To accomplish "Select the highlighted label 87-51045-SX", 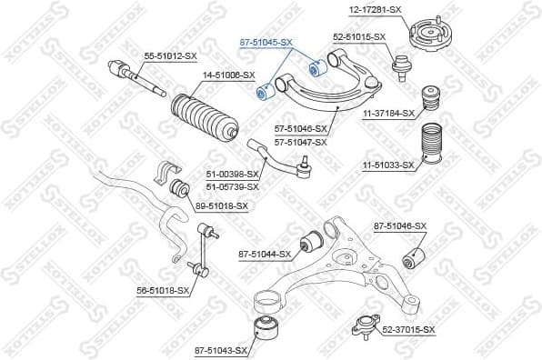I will [266, 42].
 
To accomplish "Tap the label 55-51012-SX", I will [171, 55].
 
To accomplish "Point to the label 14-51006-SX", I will [228, 75].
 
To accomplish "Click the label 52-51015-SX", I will [359, 36].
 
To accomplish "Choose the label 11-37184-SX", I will [388, 113].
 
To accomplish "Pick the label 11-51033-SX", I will [389, 165].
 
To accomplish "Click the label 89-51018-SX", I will [221, 206].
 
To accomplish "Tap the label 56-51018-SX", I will [163, 290].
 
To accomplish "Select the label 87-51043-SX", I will [221, 349].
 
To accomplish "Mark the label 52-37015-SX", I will [409, 329].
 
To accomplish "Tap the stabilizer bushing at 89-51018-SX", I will [180, 189].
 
